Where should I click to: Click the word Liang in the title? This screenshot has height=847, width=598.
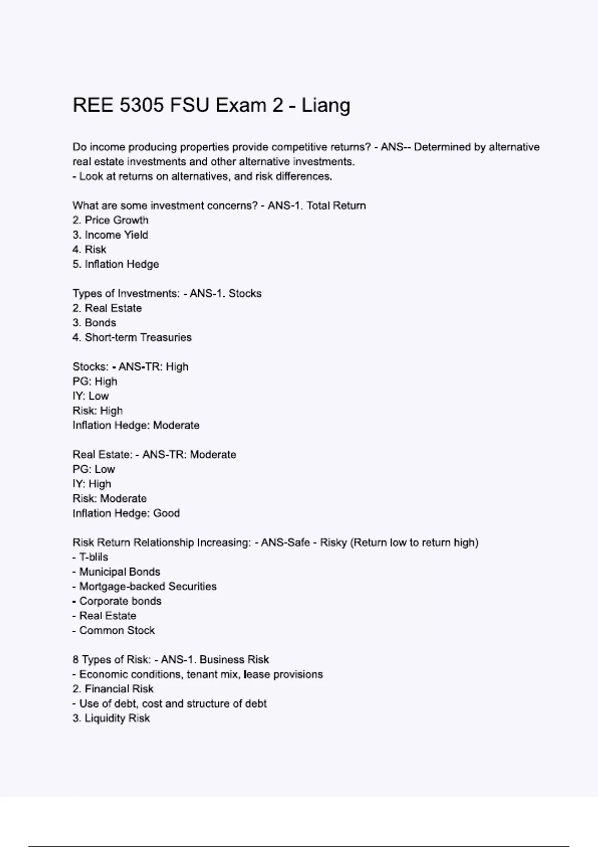coord(325,106)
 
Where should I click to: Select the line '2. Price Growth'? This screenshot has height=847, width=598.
coord(110,220)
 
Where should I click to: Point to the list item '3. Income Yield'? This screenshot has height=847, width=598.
coord(110,235)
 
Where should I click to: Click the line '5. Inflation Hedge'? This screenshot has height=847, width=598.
coord(116,264)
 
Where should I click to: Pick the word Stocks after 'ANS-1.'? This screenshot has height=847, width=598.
coord(245,293)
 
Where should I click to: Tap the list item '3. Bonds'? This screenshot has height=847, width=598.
coord(94,322)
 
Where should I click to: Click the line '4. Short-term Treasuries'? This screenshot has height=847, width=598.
coord(132,337)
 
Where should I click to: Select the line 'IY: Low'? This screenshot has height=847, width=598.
coord(91,396)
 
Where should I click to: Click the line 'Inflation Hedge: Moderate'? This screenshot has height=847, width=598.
coord(136,425)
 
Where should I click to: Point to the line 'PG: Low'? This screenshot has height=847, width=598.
coord(94,469)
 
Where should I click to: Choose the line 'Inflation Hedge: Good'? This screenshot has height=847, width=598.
coord(126,513)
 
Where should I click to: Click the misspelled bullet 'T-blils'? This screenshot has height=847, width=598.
coord(93,557)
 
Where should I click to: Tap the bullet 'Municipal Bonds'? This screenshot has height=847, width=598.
coord(119,572)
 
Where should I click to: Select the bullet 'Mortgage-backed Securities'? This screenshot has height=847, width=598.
coord(148,586)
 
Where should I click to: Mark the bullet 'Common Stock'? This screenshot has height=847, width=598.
coord(117,630)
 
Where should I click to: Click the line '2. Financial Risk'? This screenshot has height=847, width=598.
coord(113,689)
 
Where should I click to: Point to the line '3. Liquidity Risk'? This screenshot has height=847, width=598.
coord(111,718)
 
